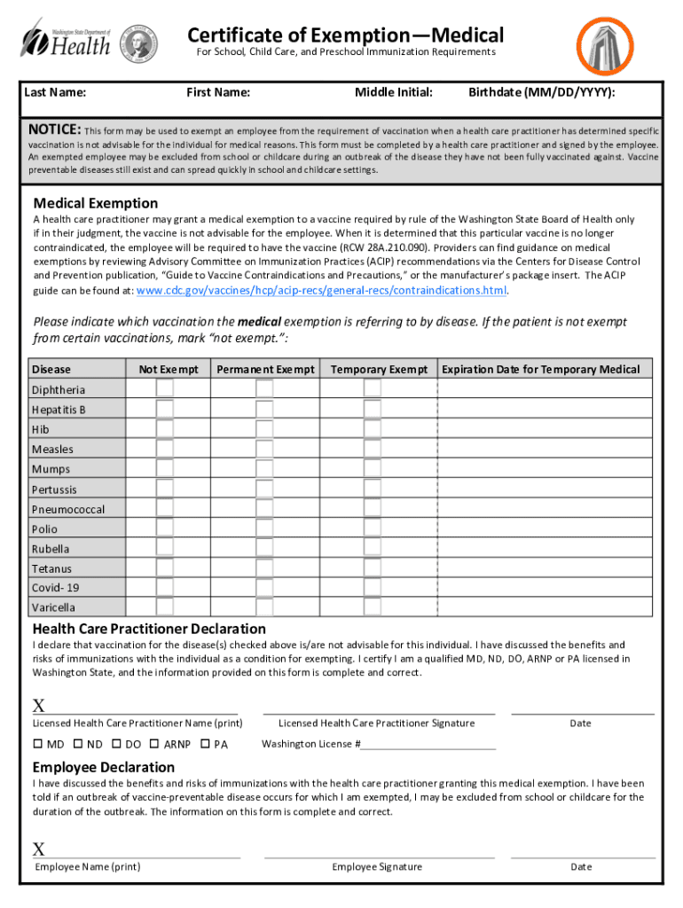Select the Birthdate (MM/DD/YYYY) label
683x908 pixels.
point(542,92)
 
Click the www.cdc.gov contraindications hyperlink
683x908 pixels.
point(321,290)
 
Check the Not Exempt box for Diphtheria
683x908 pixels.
point(165,388)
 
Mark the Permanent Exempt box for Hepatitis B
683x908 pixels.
point(264,409)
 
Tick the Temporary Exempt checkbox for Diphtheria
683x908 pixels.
point(373,388)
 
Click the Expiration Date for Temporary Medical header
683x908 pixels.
point(540,369)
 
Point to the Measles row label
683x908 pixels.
point(53,450)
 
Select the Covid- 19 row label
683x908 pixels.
point(55,588)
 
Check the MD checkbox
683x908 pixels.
point(39,744)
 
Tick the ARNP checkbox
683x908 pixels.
point(155,744)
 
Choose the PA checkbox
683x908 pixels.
point(206,744)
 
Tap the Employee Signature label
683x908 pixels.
point(377,866)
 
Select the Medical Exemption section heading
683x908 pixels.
point(95,203)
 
